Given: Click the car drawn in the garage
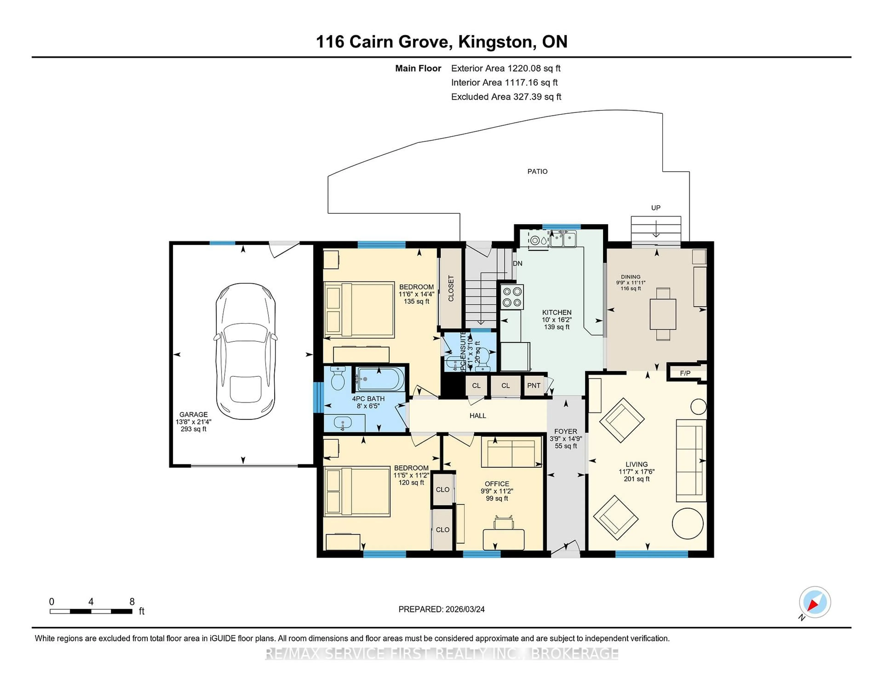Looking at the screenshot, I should coord(245,352).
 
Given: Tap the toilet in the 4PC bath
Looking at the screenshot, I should coord(337,378).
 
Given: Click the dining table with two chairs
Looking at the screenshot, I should coord(663,314).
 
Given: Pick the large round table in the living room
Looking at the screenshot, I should coord(687,523).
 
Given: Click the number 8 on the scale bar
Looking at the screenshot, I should coord(132,602).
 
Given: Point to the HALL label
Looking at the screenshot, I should coord(477,416).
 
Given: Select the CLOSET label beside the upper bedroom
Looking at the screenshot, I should coord(451,288).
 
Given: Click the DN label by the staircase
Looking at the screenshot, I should coord(518,263).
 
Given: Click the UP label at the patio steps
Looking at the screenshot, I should coord(655,208).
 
